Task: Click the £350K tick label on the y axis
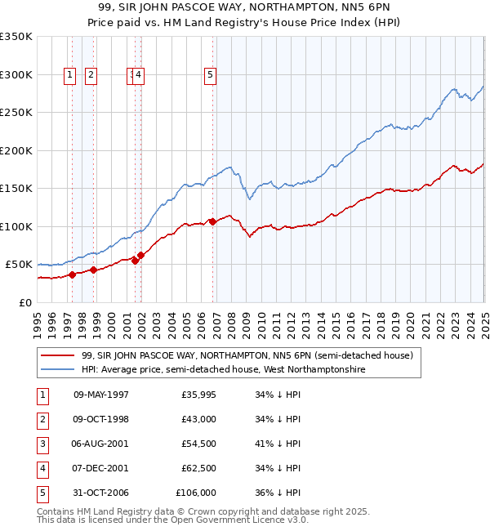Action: coord(16,37)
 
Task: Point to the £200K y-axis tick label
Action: coord(16,150)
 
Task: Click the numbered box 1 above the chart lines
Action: coord(69,75)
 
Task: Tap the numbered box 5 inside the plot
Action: coord(211,75)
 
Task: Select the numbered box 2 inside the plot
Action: coord(90,75)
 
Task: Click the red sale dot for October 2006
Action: coord(212,221)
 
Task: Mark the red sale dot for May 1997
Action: coord(72,274)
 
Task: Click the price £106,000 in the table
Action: coord(196,493)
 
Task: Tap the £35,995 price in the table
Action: coord(198,395)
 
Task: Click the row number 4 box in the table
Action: coord(42,468)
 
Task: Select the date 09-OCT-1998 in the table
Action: coord(100,419)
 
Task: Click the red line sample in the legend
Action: coord(58,355)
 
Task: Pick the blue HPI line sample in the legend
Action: coord(58,369)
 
